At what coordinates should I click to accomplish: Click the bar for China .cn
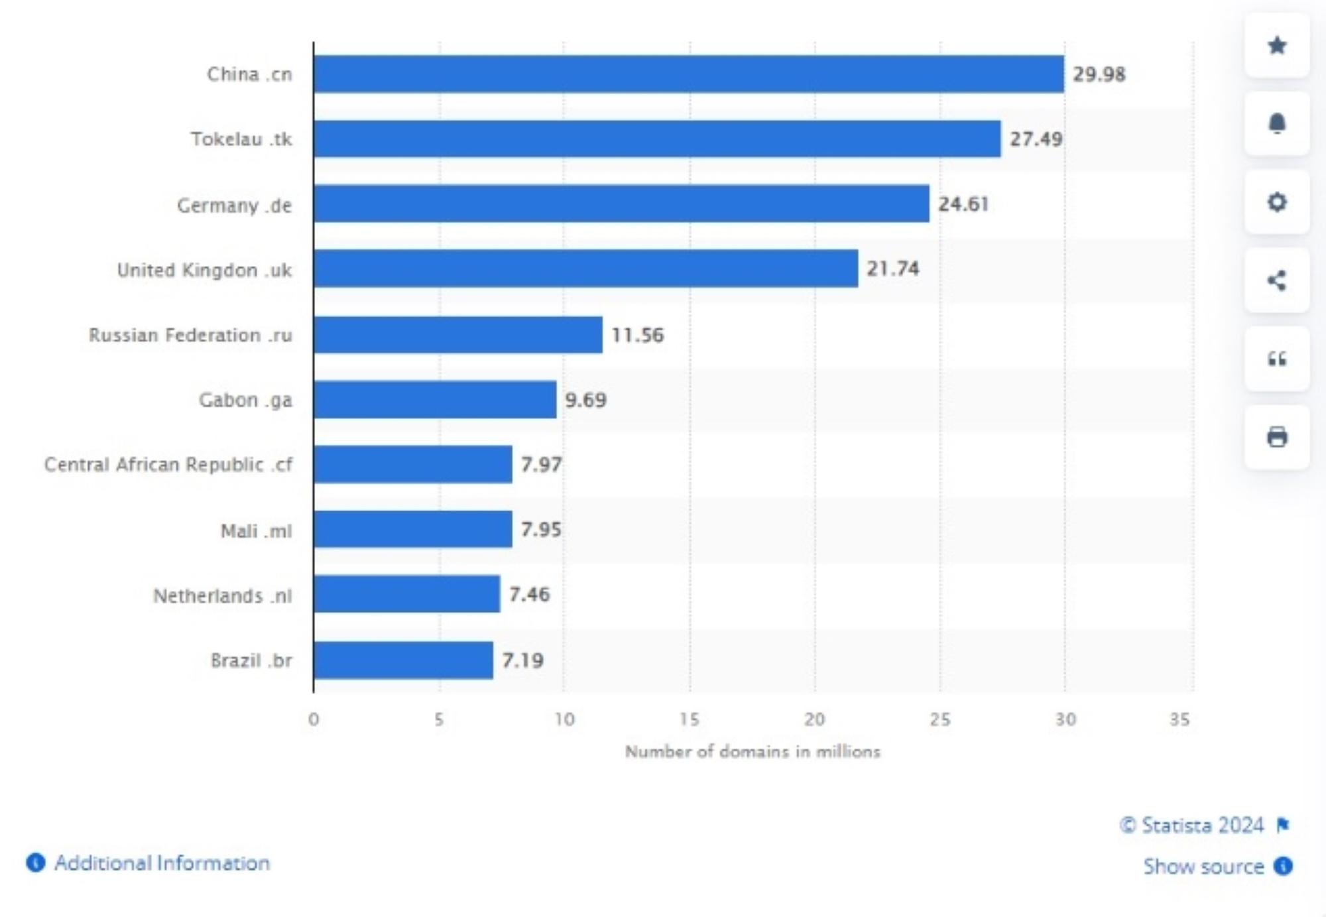click(x=688, y=74)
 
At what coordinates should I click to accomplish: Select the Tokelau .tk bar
click(x=656, y=139)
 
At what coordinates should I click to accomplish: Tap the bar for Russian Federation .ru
click(x=457, y=335)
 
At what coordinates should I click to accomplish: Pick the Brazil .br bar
click(x=403, y=660)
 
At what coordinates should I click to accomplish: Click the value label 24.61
click(x=963, y=204)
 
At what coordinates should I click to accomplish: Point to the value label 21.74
click(x=893, y=269)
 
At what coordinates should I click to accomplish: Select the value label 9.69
click(x=585, y=400)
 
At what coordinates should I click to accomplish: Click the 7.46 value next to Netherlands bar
click(x=529, y=594)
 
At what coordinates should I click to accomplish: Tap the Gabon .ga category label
click(x=245, y=400)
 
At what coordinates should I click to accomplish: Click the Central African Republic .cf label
click(x=168, y=464)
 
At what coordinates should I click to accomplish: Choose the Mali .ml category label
click(x=256, y=530)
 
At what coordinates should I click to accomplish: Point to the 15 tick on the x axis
click(x=689, y=719)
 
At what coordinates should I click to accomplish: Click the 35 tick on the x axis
click(x=1179, y=719)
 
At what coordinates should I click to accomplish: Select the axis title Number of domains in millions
click(x=753, y=751)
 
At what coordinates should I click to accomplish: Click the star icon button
click(x=1277, y=46)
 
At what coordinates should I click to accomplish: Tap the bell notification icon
click(x=1277, y=124)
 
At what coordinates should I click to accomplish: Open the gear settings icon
click(x=1277, y=202)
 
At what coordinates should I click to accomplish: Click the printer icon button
click(x=1277, y=438)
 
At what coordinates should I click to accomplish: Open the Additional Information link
click(x=162, y=863)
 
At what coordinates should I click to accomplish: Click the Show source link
click(x=1203, y=866)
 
